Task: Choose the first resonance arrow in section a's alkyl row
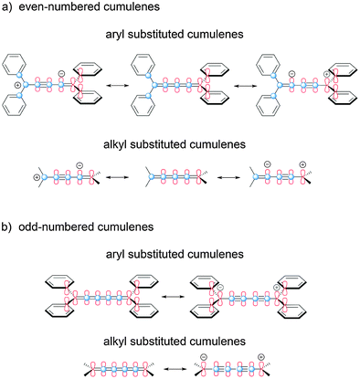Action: tap(121, 176)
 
